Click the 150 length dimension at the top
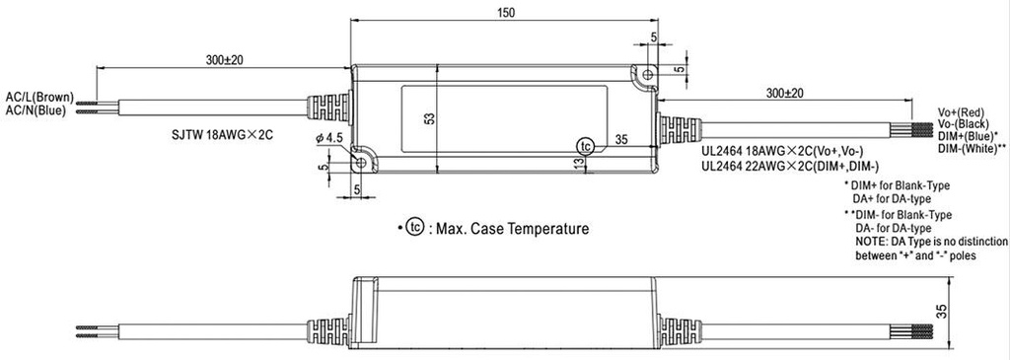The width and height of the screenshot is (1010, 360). pos(506,12)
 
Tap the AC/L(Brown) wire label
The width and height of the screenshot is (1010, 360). pos(39,98)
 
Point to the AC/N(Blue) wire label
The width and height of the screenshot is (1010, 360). pos(36,109)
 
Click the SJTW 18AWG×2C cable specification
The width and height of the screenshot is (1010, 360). pos(222,135)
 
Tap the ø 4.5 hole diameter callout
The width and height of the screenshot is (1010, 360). pos(329,138)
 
